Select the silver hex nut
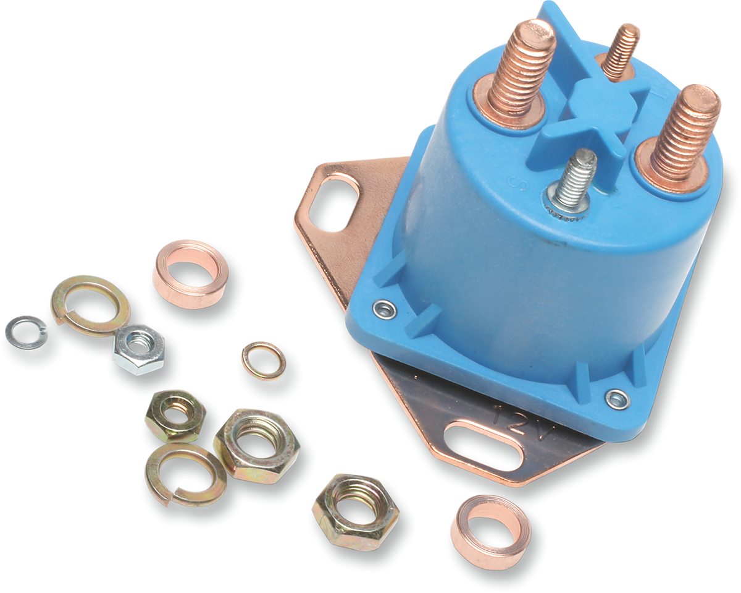[138, 349]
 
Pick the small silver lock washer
[25, 332]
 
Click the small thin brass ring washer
[264, 360]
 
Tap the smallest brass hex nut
[175, 415]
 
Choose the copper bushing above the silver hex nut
[190, 273]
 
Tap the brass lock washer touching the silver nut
[90, 305]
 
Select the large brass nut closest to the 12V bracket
[355, 511]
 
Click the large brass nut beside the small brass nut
[256, 445]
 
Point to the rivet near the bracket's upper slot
[385, 309]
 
